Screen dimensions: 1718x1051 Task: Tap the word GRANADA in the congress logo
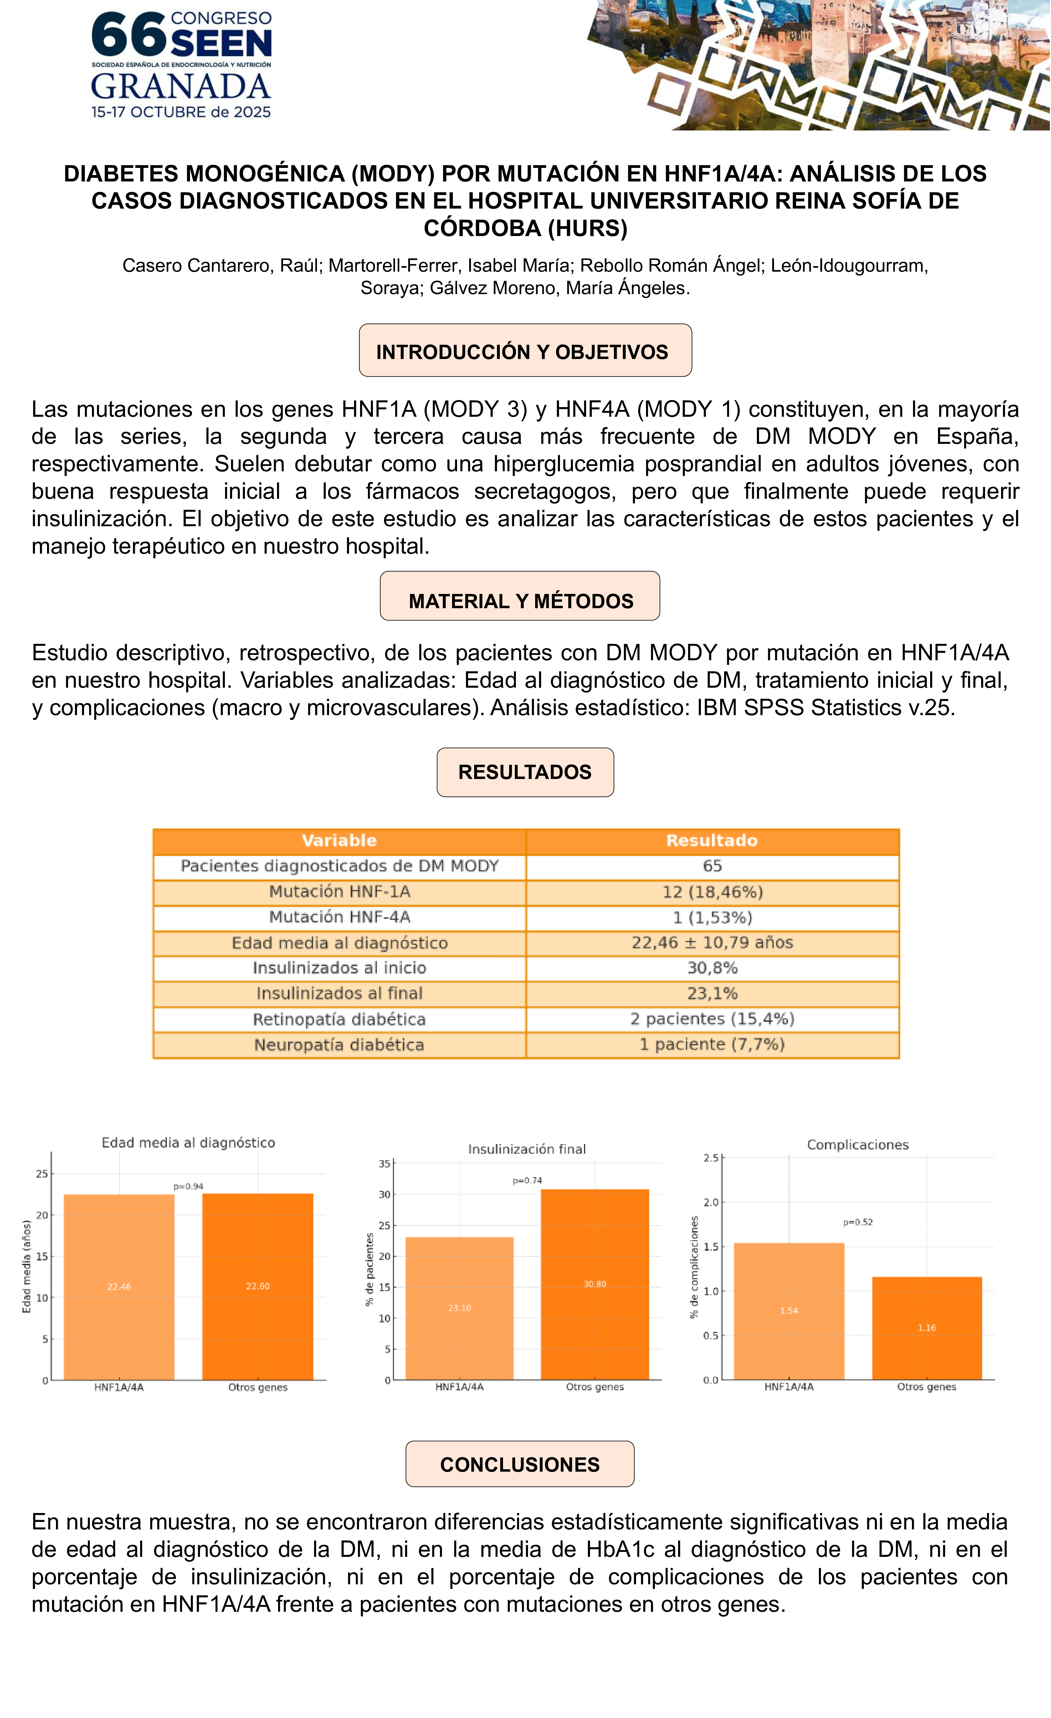click(x=181, y=87)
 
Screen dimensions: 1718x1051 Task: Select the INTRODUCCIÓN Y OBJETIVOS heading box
click(x=525, y=351)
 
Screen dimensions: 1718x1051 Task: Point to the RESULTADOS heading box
click(x=525, y=773)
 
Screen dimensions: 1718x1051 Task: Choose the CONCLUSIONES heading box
click(x=519, y=1464)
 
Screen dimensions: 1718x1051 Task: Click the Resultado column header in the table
click(x=712, y=841)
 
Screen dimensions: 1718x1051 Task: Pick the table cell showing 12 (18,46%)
click(x=712, y=892)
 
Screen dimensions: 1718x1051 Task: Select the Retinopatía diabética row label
click(x=339, y=1019)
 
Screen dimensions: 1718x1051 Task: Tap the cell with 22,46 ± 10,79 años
click(x=712, y=943)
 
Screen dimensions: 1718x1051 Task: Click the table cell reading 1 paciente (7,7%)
click(x=712, y=1045)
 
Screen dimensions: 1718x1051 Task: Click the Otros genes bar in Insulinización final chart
click(x=595, y=1284)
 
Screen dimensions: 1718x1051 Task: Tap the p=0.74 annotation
click(x=527, y=1180)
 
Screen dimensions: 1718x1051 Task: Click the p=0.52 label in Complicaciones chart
click(x=858, y=1222)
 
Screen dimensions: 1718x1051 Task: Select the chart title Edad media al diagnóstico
click(x=188, y=1143)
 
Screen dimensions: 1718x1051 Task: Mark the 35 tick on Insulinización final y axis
click(x=384, y=1164)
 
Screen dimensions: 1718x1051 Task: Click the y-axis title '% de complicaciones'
click(x=694, y=1268)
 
